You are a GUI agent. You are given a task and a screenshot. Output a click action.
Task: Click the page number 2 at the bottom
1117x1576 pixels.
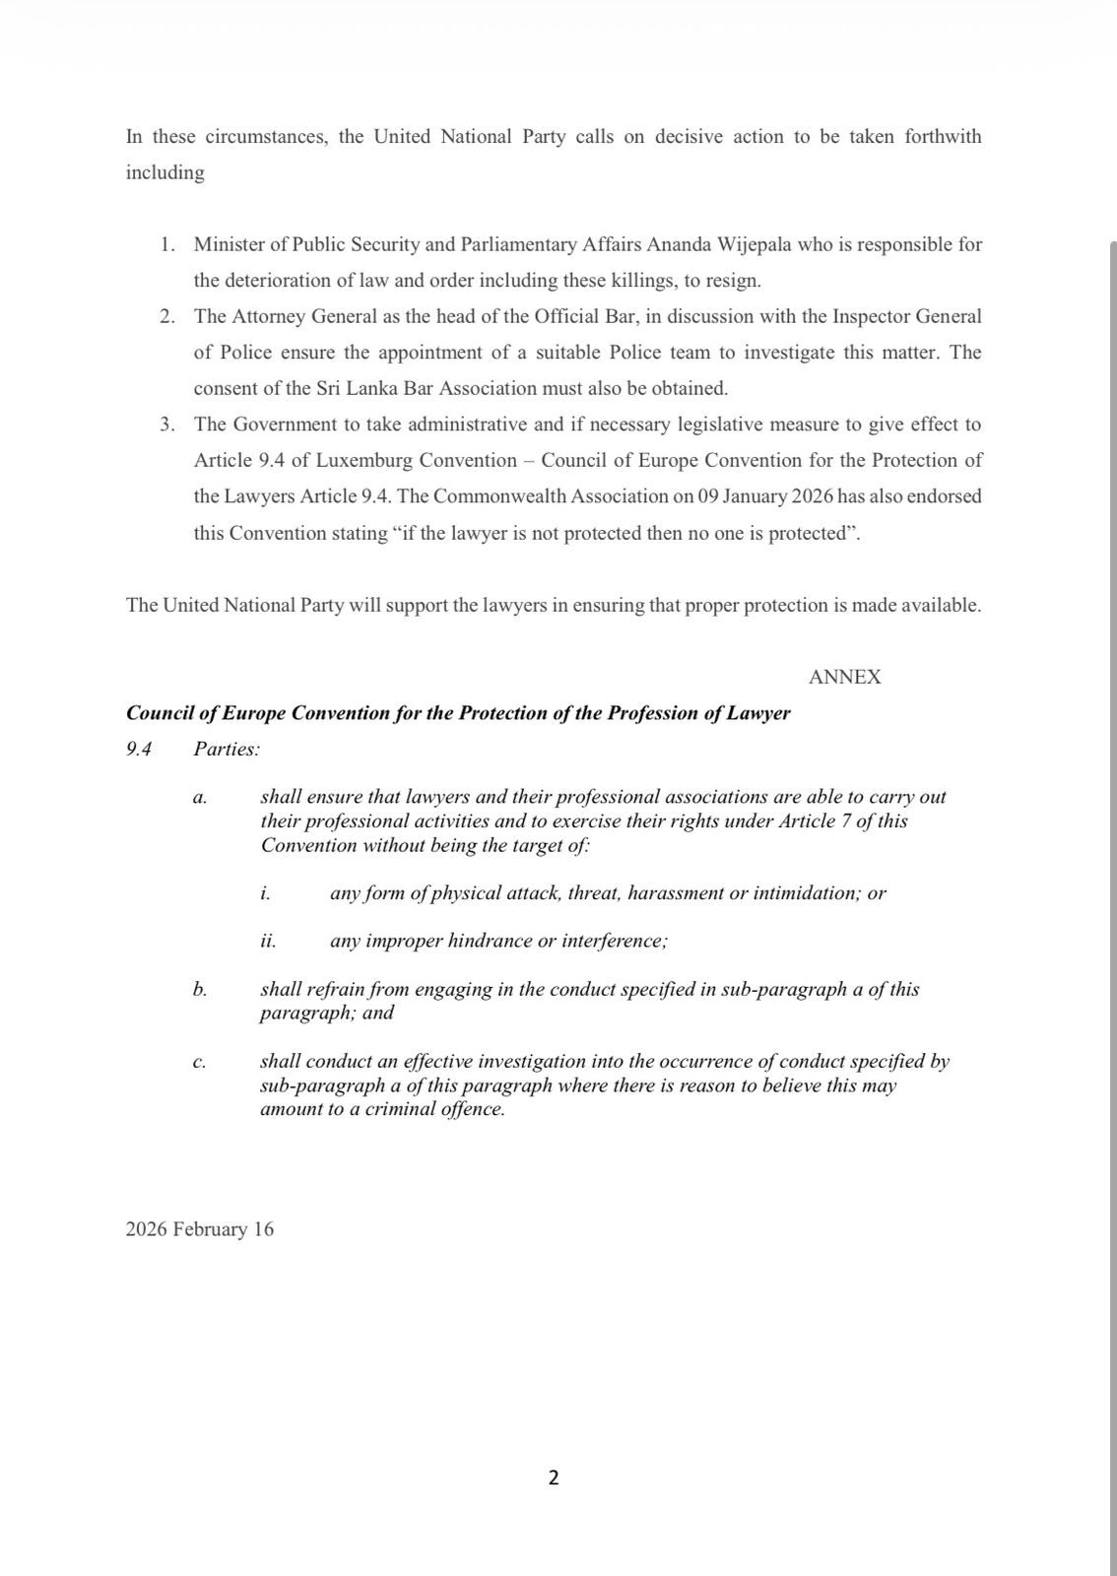[x=553, y=1477]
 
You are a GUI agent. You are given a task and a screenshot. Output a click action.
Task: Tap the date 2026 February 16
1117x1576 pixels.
[x=200, y=1229]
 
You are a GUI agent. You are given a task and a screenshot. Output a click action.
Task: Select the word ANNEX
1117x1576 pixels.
[x=844, y=677]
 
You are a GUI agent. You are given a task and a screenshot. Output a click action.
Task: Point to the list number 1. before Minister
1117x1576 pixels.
[x=167, y=244]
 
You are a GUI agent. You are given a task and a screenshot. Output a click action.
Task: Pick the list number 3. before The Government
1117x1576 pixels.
[x=167, y=425]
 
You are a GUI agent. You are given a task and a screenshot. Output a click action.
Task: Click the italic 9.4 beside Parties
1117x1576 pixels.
[x=139, y=750]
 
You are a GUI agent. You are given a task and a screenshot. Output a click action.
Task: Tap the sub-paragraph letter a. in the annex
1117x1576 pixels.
[x=200, y=798]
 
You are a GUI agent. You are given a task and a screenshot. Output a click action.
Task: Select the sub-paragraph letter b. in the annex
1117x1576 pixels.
[x=200, y=990]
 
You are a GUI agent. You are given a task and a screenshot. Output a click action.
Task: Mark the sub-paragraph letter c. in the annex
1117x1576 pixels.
[x=200, y=1062]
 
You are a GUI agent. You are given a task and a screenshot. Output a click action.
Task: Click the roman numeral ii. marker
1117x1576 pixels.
[x=268, y=942]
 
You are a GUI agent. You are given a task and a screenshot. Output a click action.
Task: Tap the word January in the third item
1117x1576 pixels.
[x=755, y=496]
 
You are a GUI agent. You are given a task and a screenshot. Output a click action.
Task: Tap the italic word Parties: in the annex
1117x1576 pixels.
[x=227, y=750]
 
